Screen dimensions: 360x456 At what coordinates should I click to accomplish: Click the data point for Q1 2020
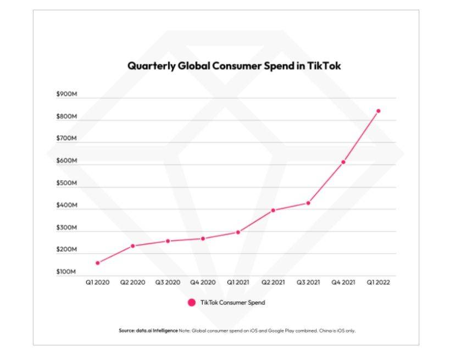(98, 263)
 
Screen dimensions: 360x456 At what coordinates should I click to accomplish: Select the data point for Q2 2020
(132, 246)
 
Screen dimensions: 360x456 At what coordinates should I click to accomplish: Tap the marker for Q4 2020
(203, 239)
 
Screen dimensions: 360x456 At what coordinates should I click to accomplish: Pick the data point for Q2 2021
(273, 211)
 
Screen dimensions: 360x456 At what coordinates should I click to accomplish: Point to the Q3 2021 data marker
(308, 203)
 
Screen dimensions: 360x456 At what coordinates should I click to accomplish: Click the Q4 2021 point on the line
(343, 162)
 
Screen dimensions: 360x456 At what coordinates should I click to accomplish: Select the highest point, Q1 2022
(378, 111)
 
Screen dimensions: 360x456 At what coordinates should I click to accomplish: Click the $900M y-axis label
(66, 95)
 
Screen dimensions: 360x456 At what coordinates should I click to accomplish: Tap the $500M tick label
(66, 183)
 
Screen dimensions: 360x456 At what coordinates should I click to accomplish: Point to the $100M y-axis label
(66, 272)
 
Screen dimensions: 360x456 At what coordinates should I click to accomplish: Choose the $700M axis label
(66, 139)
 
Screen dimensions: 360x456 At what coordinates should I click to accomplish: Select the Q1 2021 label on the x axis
(238, 282)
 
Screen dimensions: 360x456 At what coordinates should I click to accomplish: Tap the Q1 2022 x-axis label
(378, 282)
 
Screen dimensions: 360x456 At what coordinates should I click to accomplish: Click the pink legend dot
(191, 302)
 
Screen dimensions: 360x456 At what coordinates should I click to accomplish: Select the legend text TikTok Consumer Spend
(233, 302)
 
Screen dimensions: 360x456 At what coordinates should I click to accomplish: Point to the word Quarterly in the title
(151, 66)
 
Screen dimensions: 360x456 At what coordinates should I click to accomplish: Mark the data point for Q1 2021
(238, 232)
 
